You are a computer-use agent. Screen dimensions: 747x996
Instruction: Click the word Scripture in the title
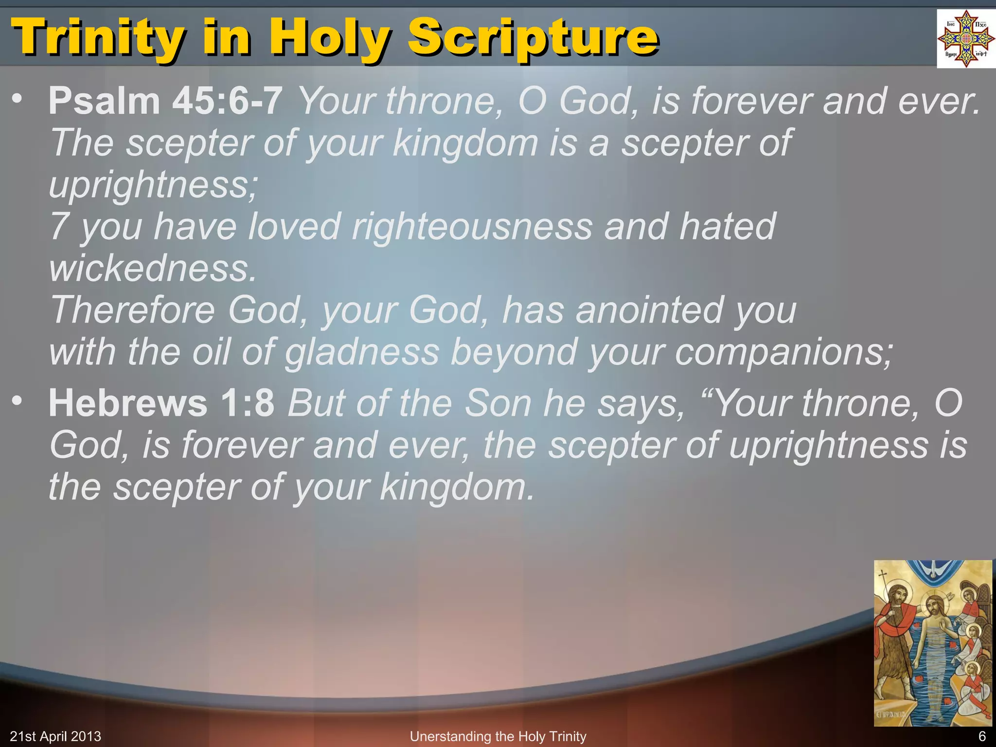coord(533,38)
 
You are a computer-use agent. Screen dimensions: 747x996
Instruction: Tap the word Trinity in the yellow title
coord(97,38)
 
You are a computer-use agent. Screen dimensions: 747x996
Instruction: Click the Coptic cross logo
coord(966,39)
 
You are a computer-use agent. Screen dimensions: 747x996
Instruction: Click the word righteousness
coord(472,227)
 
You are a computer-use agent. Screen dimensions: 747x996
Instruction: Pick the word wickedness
coord(152,268)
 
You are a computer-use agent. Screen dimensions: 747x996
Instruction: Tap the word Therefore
coord(133,310)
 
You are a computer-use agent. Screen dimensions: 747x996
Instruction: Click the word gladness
coord(362,352)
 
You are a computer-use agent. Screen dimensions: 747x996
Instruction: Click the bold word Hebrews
coord(128,403)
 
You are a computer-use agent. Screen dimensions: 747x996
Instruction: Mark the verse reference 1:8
coord(248,403)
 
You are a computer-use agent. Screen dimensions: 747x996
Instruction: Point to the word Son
coord(498,403)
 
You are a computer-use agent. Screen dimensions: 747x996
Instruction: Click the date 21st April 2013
coord(55,736)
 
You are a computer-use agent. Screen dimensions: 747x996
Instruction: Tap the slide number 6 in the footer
coord(982,736)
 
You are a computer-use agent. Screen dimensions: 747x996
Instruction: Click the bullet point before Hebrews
coord(18,401)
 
